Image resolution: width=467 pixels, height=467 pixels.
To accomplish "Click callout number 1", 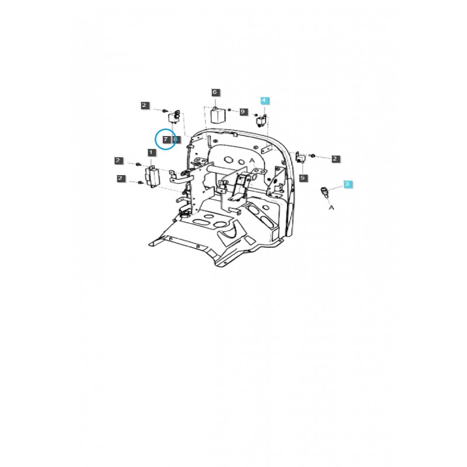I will (151, 153).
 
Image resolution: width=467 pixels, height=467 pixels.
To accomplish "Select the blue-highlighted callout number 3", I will (347, 184).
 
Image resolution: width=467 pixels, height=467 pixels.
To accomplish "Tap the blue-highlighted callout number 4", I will (263, 101).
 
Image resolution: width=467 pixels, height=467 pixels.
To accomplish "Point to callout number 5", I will (303, 177).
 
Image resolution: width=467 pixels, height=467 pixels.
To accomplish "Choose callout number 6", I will (214, 93).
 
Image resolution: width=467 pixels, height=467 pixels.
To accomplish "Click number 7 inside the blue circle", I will (166, 140).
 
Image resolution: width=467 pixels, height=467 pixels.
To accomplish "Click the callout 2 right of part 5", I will (336, 159).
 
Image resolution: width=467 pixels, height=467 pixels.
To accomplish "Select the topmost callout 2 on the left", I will (144, 105).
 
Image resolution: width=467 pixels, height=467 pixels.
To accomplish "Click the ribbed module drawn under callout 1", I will (153, 175).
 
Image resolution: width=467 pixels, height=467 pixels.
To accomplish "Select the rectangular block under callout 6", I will (218, 114).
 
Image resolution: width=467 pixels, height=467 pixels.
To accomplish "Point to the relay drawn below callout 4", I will (262, 121).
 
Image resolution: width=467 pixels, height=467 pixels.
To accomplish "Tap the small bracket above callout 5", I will (301, 159).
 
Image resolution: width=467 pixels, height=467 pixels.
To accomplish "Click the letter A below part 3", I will (331, 207).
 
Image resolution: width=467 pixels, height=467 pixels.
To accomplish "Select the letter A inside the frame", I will (252, 160).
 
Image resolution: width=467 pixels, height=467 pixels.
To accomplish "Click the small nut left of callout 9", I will (231, 110).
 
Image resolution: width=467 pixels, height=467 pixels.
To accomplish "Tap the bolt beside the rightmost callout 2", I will (314, 156).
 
